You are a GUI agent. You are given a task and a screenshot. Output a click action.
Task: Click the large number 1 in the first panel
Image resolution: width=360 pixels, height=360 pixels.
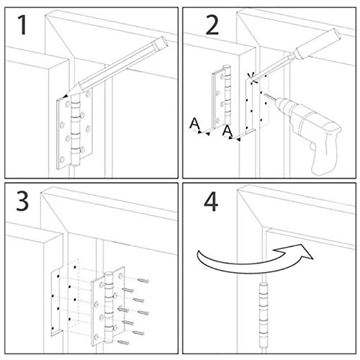23,24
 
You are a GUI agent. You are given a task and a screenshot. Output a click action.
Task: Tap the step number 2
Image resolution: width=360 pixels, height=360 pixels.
212,25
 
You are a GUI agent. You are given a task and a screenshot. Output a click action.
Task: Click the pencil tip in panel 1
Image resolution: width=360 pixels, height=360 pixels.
64,97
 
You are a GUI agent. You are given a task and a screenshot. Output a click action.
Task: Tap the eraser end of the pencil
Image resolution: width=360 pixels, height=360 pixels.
161,43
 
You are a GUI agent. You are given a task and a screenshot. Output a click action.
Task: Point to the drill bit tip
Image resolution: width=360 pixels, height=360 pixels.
265,95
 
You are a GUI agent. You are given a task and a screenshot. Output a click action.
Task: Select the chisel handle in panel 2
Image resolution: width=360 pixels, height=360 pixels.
318,44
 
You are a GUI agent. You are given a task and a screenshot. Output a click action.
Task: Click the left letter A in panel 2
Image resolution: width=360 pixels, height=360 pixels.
194,123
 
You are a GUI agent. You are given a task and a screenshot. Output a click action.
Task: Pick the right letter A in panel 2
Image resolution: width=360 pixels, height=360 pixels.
227,131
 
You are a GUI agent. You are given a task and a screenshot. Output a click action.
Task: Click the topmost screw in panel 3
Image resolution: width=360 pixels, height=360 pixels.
143,281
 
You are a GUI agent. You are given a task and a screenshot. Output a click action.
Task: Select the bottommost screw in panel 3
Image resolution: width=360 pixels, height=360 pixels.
123,343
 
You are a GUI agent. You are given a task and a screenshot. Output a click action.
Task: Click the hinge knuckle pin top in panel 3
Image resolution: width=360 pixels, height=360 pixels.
109,274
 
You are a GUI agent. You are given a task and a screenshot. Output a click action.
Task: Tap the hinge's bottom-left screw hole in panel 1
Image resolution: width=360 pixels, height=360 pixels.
62,159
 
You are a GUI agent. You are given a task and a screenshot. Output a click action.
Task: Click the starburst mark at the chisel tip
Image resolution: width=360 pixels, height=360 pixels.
252,78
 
